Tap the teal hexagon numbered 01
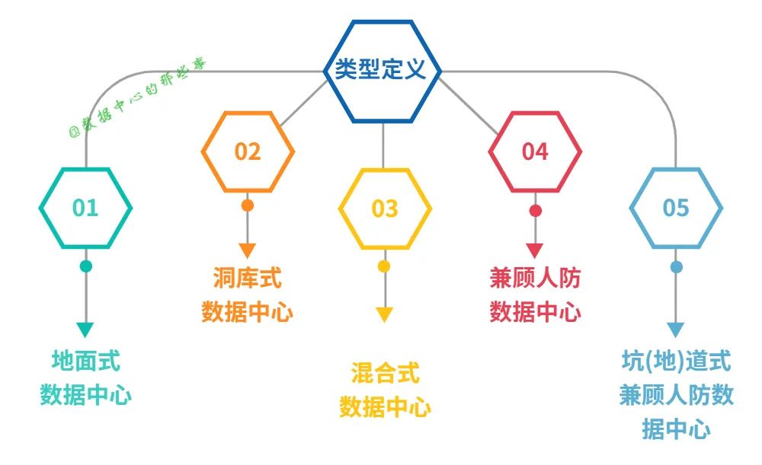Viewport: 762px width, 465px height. point(85,208)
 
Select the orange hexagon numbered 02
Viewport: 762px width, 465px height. point(248,151)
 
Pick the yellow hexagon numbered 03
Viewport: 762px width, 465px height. point(384,208)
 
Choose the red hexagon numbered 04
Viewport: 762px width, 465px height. point(535,151)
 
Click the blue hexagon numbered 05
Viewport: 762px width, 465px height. point(676,208)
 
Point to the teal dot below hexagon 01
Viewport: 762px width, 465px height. point(85,266)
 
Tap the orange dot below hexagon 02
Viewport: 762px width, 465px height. point(248,205)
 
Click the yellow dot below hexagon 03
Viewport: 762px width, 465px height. point(384,266)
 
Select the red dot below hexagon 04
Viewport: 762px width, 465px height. point(535,210)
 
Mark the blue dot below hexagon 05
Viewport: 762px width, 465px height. point(676,266)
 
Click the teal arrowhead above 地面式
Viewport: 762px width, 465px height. point(85,330)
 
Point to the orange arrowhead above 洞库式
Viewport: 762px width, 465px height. point(248,250)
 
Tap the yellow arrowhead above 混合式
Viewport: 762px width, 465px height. point(384,314)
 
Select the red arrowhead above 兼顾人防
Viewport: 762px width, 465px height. point(535,250)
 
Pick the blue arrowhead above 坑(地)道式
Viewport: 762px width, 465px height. point(676,330)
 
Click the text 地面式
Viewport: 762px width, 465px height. point(85,361)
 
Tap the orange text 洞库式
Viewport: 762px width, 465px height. point(247,279)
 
